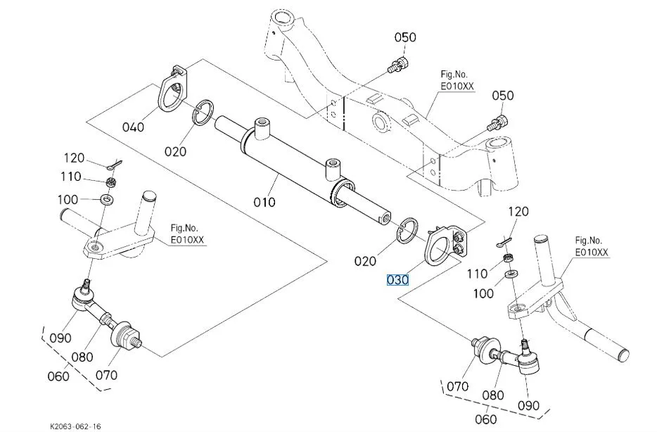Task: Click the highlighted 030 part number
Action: (x=397, y=280)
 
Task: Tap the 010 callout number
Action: (x=264, y=203)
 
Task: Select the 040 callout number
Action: (x=133, y=127)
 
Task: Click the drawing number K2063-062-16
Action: (x=75, y=426)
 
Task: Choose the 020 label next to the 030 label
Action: (x=365, y=261)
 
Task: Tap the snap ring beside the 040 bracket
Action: (x=202, y=113)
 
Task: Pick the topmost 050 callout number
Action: (x=404, y=37)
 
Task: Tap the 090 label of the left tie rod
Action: (x=60, y=338)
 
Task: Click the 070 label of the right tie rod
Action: (x=457, y=386)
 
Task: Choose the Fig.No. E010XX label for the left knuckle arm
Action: (x=186, y=234)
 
